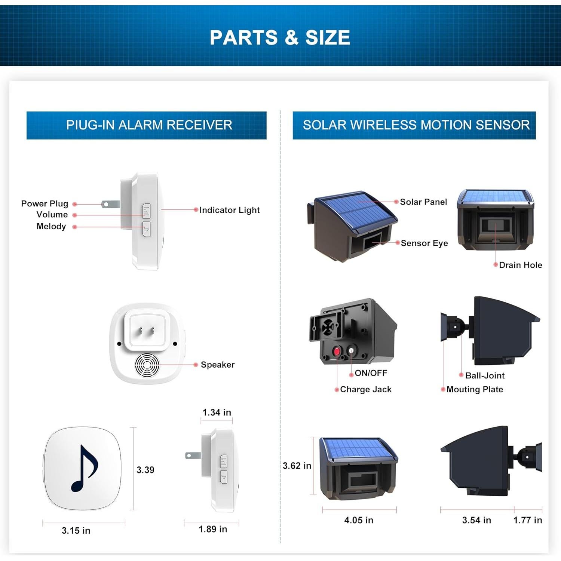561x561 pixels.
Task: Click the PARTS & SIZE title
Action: pos(280,38)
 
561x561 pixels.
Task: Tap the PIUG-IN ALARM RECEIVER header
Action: pos(149,125)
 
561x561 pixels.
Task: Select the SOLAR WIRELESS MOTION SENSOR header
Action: pos(416,125)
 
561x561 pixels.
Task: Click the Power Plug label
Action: pos(45,204)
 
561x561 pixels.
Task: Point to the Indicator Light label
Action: pos(229,210)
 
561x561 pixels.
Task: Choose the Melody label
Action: pos(51,227)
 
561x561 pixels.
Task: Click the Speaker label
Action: pos(217,365)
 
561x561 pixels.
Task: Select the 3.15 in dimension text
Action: pos(76,530)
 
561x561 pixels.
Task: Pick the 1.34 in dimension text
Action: pos(217,413)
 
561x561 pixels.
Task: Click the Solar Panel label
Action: pos(423,202)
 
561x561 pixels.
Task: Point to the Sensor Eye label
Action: pos(424,243)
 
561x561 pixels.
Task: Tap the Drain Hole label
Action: pos(520,265)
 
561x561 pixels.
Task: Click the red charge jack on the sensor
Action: pos(337,352)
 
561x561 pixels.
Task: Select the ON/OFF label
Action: pos(371,373)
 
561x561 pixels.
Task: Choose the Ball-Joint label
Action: pos(485,375)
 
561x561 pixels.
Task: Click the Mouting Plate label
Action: pos(475,390)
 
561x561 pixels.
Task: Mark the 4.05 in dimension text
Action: pos(359,520)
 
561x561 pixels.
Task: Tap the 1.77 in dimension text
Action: pos(527,520)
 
